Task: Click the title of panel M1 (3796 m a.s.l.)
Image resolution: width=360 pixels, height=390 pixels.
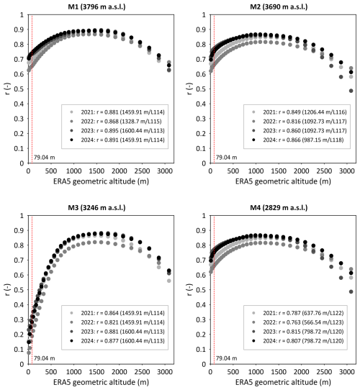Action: click(x=96, y=6)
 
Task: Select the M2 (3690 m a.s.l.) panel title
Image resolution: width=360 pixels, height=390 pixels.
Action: click(x=279, y=6)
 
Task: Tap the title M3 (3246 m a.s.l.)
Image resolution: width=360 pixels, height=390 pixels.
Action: click(x=96, y=207)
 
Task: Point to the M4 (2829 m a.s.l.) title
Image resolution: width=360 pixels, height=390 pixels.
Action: click(x=279, y=207)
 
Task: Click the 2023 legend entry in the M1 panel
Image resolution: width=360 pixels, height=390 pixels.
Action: click(x=117, y=130)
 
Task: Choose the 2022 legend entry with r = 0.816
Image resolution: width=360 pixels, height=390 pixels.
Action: click(x=300, y=122)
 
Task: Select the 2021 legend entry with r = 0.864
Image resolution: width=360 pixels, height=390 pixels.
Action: click(x=117, y=313)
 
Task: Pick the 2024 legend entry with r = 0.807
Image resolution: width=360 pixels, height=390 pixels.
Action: click(x=298, y=341)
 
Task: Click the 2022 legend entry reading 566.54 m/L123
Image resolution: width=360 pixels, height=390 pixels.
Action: click(x=298, y=322)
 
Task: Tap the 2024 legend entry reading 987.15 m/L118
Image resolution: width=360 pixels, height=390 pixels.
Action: click(x=298, y=140)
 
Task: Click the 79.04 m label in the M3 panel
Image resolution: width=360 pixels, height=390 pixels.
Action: click(x=45, y=358)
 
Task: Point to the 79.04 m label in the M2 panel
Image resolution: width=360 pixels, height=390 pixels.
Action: click(x=227, y=157)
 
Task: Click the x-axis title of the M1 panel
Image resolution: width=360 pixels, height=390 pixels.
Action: click(x=101, y=181)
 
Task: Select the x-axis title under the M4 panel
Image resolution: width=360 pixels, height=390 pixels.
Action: click(x=283, y=382)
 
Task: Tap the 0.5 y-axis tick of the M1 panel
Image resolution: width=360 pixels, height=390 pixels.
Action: click(x=19, y=89)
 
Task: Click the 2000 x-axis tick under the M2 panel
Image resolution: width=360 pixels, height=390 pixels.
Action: click(x=301, y=171)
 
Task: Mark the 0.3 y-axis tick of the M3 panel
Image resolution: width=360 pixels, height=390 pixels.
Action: click(x=19, y=319)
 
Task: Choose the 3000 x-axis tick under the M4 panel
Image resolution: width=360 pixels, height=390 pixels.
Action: click(x=347, y=372)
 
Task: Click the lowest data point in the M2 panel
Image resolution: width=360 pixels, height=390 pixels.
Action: click(x=351, y=91)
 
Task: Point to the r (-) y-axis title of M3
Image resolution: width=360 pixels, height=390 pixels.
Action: click(x=8, y=289)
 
